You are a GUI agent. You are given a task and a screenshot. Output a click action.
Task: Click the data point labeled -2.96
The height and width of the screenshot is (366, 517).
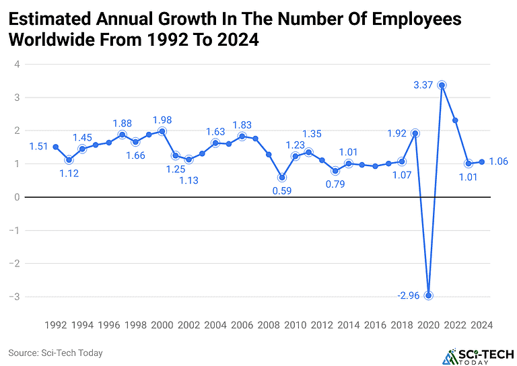(429, 295)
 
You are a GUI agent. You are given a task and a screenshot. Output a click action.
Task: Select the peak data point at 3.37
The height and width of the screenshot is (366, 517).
(442, 85)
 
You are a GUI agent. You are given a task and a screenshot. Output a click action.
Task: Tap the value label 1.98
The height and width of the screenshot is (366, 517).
(162, 120)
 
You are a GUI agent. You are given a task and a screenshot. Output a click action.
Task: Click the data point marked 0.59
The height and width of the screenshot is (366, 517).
(282, 178)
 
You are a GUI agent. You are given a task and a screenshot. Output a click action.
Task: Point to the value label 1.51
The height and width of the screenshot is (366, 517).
(38, 147)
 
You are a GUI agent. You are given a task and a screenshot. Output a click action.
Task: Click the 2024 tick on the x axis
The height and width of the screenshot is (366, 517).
(482, 324)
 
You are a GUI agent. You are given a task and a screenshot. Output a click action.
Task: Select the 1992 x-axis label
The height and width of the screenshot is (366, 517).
(56, 324)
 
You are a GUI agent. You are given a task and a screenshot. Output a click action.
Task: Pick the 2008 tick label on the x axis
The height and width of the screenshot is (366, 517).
(269, 324)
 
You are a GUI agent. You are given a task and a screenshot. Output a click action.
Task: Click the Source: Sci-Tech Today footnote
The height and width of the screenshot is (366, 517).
(55, 353)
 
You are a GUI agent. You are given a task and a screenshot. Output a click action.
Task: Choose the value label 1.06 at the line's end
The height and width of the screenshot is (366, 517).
(498, 161)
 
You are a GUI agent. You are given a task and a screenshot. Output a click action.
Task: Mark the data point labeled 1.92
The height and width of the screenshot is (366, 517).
(415, 133)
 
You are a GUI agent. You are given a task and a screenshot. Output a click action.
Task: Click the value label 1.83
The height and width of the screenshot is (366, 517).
(242, 125)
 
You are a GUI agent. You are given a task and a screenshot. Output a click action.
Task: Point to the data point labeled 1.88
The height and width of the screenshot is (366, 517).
(122, 135)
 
